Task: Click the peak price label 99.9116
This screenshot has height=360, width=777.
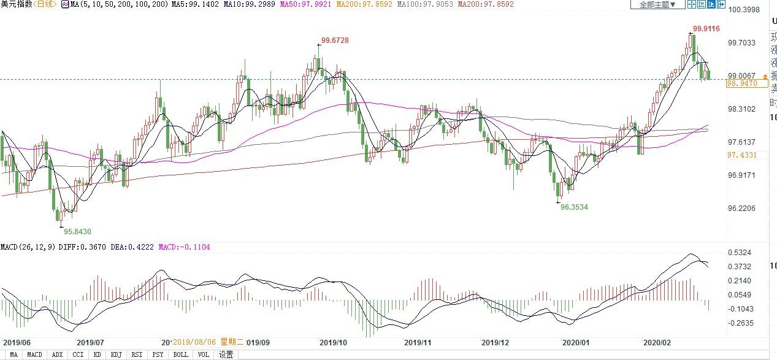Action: point(706,29)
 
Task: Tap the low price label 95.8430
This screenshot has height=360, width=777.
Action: point(78,231)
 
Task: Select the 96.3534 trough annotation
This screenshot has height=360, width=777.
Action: point(575,207)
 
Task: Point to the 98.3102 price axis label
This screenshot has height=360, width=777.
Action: point(741,109)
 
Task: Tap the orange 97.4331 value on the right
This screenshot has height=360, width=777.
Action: point(742,155)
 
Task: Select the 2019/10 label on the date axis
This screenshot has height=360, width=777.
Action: point(334,343)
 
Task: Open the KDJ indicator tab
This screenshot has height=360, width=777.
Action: point(116,354)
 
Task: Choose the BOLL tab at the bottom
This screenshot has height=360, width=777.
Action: point(180,354)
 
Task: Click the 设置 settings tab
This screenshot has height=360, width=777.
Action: point(226,354)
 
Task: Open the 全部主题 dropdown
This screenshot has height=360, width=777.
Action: point(657,5)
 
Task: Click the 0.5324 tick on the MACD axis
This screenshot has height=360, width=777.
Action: point(739,253)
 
